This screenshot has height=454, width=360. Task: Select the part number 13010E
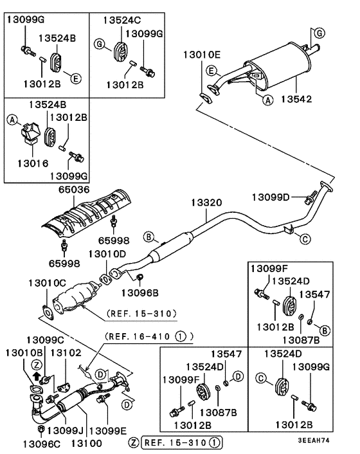tap(203, 55)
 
